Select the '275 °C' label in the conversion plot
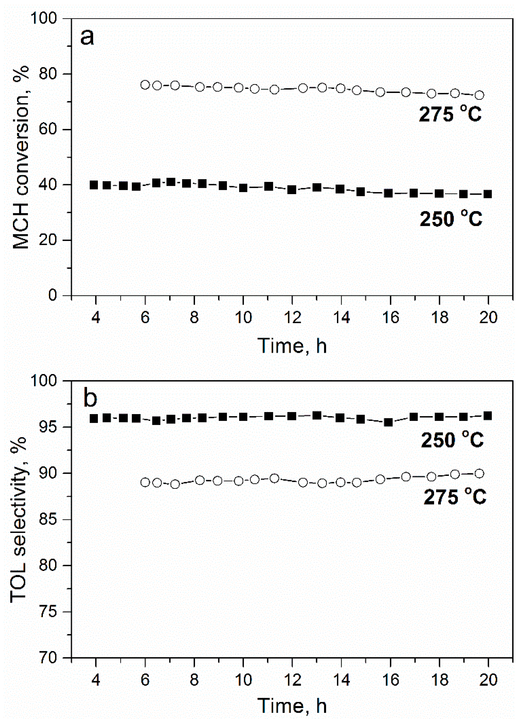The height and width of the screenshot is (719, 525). pyautogui.click(x=450, y=114)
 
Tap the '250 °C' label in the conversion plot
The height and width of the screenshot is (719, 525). pyautogui.click(x=451, y=219)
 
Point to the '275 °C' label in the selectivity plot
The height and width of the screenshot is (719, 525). pyautogui.click(x=455, y=497)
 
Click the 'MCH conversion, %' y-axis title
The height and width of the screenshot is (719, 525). pyautogui.click(x=21, y=157)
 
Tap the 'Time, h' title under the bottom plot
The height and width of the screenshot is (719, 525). pyautogui.click(x=292, y=706)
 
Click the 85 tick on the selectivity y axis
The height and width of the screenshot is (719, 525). pyautogui.click(x=48, y=520)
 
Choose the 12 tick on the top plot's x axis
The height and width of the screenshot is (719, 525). pyautogui.click(x=292, y=317)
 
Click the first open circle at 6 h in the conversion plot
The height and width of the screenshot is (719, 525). pyautogui.click(x=145, y=85)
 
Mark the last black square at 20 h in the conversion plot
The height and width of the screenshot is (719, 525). pyautogui.click(x=488, y=194)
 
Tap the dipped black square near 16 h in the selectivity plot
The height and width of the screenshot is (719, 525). pyautogui.click(x=388, y=422)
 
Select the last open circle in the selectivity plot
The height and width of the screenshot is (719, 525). pyautogui.click(x=479, y=474)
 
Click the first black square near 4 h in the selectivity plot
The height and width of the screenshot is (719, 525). pyautogui.click(x=94, y=419)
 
